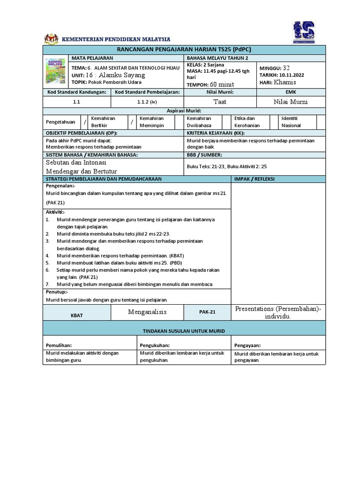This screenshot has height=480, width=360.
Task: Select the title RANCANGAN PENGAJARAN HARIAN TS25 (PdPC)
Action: [184, 50]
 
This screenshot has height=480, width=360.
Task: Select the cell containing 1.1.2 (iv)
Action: [147, 101]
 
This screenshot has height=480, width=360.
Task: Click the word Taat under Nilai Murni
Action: [220, 101]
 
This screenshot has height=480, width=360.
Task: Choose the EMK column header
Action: [291, 92]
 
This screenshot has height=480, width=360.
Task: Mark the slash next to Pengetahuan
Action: [85, 122]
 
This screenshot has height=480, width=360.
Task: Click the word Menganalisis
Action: [147, 312]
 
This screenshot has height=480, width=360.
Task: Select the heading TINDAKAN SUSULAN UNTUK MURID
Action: [184, 331]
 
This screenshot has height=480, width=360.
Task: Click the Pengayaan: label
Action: [247, 345]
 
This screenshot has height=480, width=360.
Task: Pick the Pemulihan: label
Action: [59, 345]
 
